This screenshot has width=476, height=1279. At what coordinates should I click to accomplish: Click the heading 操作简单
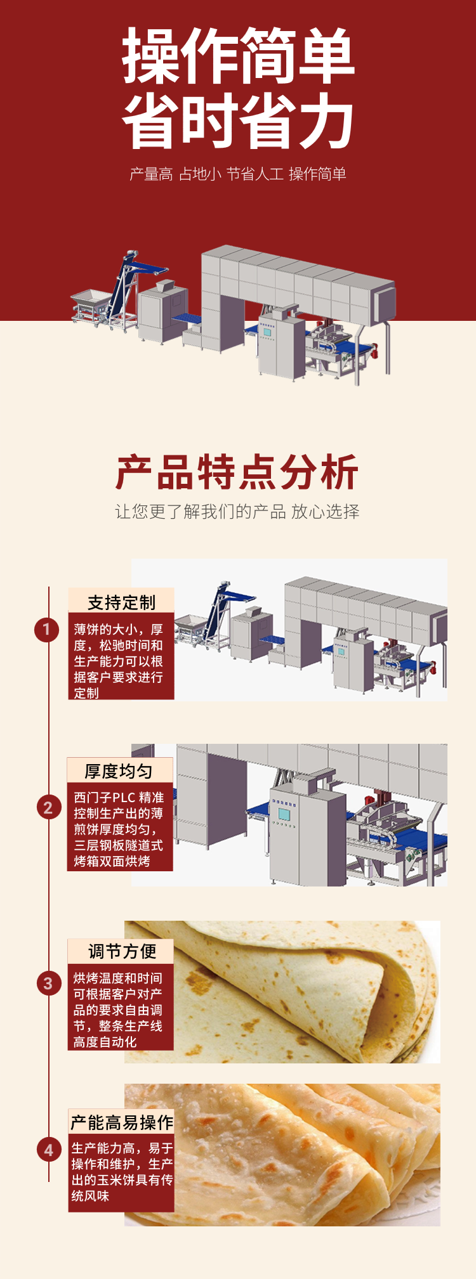(238, 56)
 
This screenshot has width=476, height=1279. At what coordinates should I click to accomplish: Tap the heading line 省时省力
(238, 120)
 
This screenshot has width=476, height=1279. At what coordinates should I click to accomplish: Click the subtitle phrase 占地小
(199, 174)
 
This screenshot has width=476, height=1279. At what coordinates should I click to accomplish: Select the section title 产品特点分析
(237, 472)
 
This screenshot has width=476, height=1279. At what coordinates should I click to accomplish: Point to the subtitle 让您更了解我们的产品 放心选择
(237, 512)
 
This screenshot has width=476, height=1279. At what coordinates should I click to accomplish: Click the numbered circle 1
(46, 630)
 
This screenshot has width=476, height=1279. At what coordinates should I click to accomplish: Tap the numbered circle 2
(48, 808)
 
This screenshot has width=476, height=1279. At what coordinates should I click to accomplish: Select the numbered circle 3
(48, 984)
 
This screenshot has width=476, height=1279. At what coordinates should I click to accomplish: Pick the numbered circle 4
(48, 1150)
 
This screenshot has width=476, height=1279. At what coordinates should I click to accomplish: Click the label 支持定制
(121, 602)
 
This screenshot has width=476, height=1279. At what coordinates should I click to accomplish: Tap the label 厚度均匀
(119, 770)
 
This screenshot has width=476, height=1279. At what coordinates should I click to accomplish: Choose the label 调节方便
(122, 951)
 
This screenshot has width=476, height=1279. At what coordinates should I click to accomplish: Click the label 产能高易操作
(122, 1123)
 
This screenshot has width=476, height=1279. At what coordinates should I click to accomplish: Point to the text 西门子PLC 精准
(119, 798)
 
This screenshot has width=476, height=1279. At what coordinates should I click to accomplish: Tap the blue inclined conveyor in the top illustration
(121, 285)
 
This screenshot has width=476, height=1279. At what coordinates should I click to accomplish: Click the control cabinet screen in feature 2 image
(284, 814)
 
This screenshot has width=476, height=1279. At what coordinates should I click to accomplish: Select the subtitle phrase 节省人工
(255, 174)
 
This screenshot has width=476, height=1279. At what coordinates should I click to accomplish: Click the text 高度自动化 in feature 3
(105, 1042)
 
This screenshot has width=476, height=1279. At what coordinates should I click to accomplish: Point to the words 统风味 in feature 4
(90, 1196)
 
